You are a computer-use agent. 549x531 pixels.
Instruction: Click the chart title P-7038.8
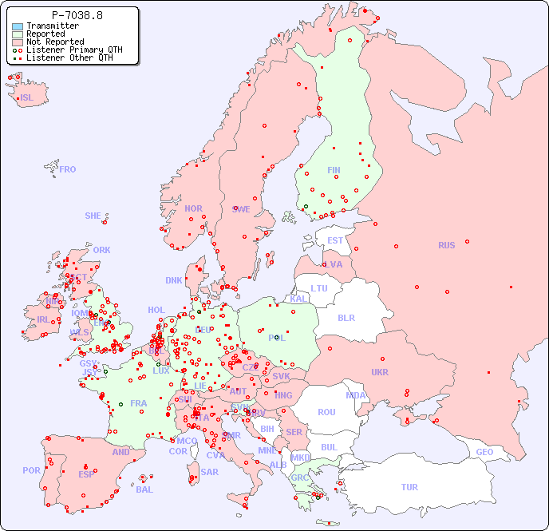click(77, 15)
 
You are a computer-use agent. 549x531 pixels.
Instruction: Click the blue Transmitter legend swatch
click(18, 26)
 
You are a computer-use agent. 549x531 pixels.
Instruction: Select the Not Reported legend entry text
click(54, 42)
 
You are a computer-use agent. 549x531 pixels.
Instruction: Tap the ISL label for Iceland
click(27, 98)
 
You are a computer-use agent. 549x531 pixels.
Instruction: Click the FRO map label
click(68, 169)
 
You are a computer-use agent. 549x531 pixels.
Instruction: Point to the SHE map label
click(93, 216)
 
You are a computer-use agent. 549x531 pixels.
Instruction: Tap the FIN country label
click(334, 170)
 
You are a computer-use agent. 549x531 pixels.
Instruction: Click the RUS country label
click(446, 245)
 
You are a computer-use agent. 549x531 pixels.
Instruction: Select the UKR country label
click(380, 372)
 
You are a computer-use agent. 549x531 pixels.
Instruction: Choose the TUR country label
click(409, 487)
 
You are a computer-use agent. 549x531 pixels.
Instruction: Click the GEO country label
click(484, 452)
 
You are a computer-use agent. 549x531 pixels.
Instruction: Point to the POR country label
click(31, 470)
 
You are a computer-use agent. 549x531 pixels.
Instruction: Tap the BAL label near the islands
click(144, 489)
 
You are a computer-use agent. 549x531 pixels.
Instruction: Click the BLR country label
click(346, 317)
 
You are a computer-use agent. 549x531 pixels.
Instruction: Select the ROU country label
click(326, 412)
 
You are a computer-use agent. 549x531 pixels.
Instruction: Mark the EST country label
click(335, 240)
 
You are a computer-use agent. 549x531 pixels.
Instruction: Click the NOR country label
click(193, 208)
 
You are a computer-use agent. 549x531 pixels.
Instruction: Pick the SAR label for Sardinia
click(209, 472)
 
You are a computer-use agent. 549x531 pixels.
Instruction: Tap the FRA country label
click(139, 403)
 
